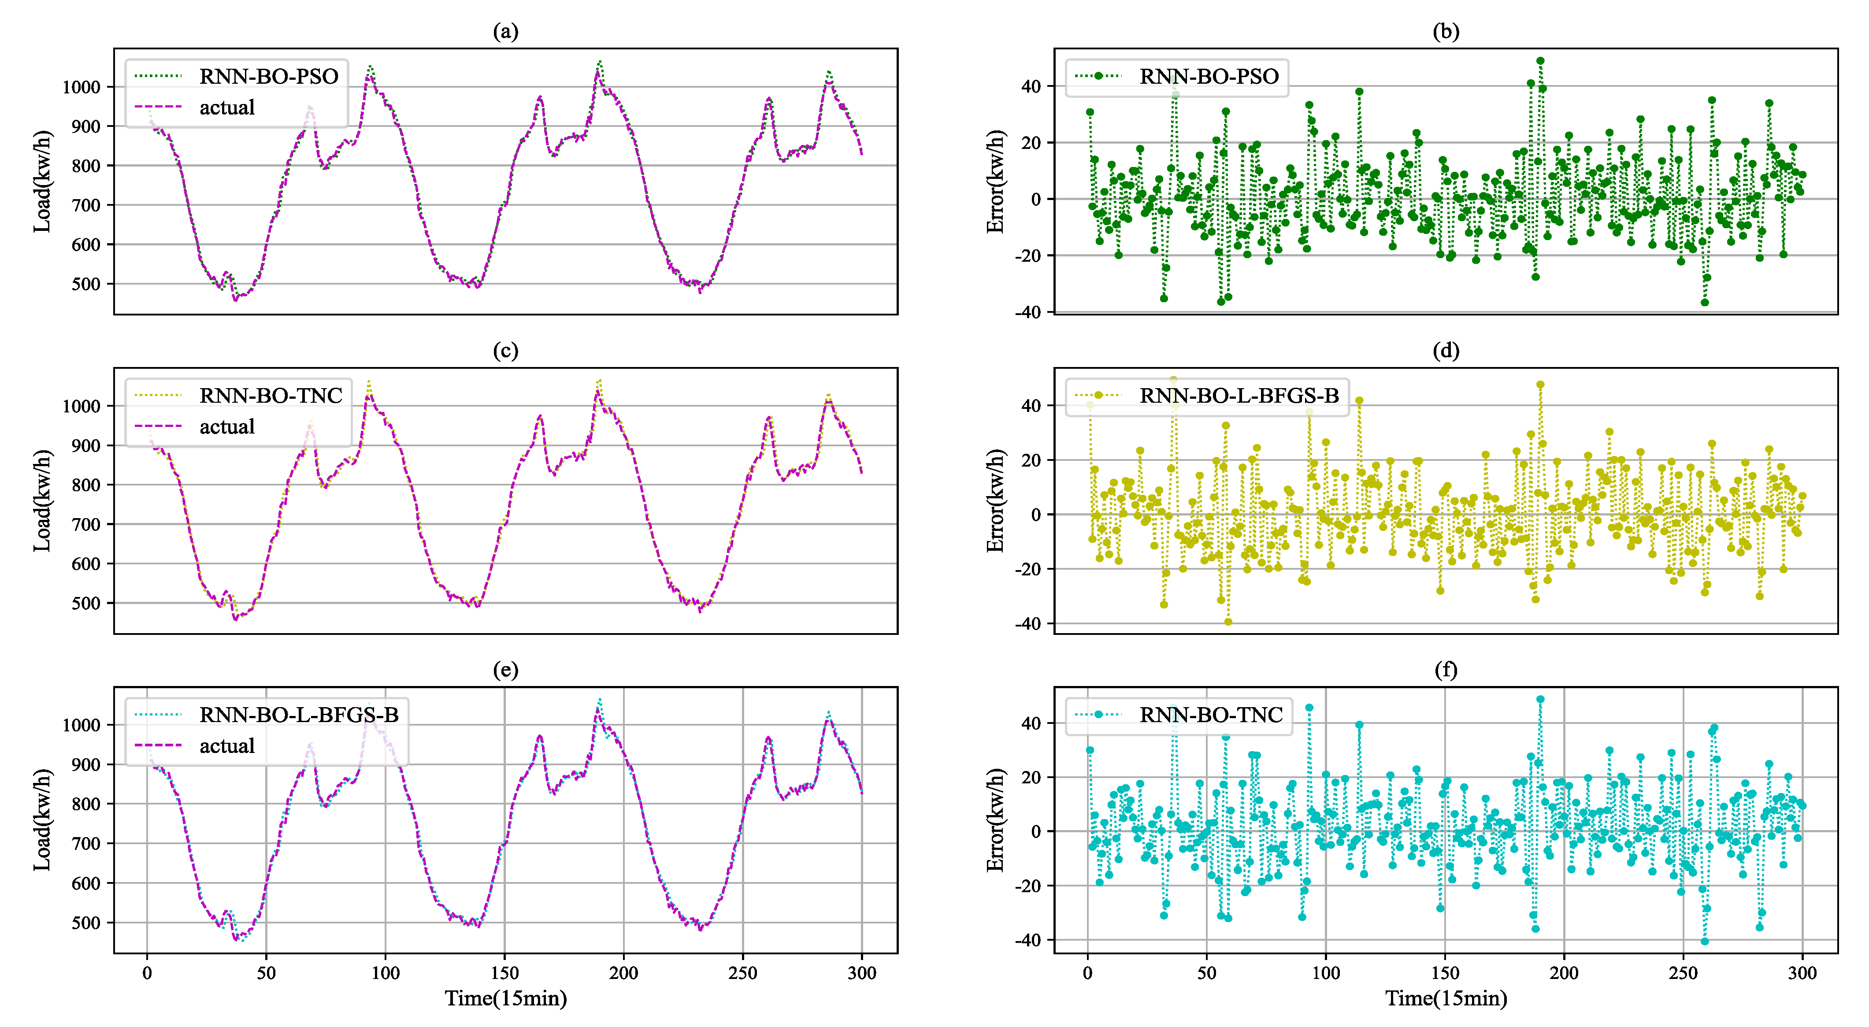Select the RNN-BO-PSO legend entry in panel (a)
[268, 76]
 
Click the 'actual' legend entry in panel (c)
[226, 426]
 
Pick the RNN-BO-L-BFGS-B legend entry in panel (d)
[1239, 395]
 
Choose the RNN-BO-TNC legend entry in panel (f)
[1210, 714]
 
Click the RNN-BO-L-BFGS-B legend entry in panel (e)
[298, 714]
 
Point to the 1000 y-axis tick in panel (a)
[81, 87]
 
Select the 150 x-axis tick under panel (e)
[504, 973]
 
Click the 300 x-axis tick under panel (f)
[1802, 973]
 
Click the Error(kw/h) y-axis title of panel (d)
[995, 501]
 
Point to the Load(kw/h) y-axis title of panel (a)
[42, 182]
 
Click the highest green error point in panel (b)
[1540, 61]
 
